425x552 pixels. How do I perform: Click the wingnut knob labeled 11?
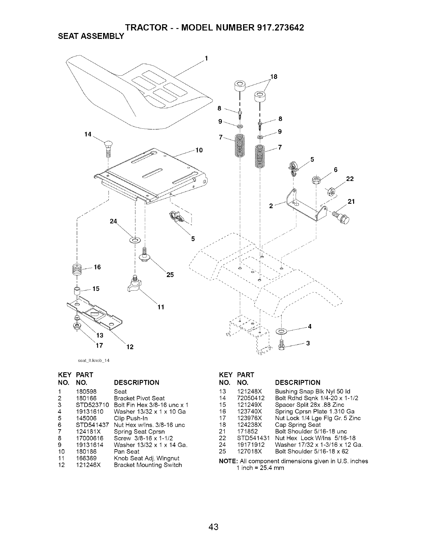click(134, 284)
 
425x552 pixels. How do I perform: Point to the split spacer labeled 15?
click(77, 291)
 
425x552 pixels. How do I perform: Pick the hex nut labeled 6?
click(316, 180)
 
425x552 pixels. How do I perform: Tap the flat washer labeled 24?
click(135, 240)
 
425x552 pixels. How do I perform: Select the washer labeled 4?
click(281, 331)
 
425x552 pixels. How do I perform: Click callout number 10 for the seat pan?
click(199, 150)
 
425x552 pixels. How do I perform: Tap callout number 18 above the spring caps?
click(274, 76)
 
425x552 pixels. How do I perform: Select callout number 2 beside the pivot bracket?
click(271, 206)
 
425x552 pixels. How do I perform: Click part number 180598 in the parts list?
click(86, 391)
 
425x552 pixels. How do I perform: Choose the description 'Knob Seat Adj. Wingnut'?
click(147, 458)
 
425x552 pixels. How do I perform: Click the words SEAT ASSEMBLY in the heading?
click(91, 36)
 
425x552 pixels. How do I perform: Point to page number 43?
click(213, 527)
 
